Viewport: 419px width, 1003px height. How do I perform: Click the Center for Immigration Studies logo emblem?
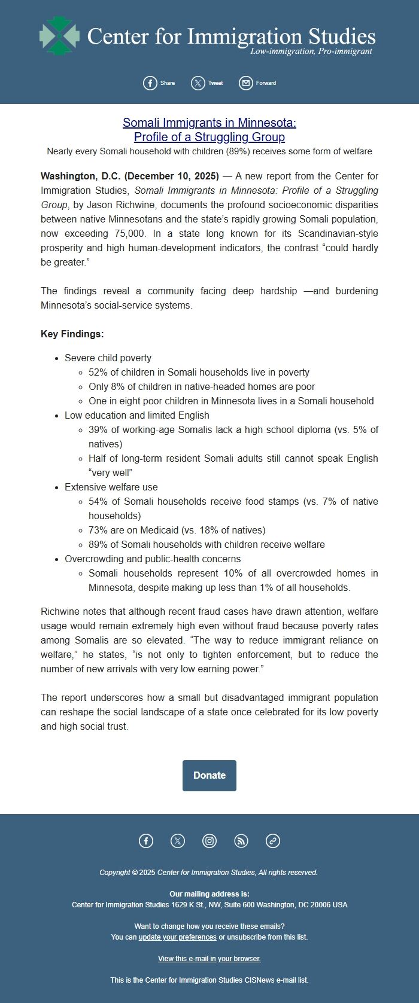pos(59,36)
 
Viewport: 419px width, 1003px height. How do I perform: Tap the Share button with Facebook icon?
pos(159,83)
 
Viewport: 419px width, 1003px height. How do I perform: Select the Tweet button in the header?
pos(207,83)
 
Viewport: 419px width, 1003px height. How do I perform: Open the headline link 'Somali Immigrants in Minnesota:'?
pos(209,123)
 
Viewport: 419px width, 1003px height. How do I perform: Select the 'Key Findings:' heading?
pos(72,334)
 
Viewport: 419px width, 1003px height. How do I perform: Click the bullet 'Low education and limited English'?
pos(137,415)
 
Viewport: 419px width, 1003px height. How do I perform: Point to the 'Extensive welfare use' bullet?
pos(111,487)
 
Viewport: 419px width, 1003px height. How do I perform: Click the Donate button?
pos(209,775)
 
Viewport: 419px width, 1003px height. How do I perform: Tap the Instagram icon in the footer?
pos(209,841)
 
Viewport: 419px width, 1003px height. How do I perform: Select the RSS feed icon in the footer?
pos(241,841)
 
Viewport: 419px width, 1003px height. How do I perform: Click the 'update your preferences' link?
pos(178,937)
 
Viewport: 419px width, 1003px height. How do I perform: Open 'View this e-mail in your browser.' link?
pos(209,959)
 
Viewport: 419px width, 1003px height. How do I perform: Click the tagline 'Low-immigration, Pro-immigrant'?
pos(311,51)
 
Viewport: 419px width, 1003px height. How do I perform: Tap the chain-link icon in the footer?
pos(273,841)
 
